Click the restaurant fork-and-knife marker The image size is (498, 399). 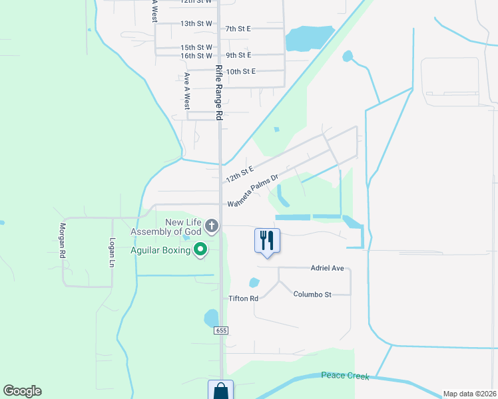coord(267,240)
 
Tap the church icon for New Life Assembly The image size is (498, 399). coord(212,226)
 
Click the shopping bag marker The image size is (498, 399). coord(220,391)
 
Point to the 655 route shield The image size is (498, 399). coord(222,331)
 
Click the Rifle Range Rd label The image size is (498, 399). coord(218,92)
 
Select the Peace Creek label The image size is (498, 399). coord(345,376)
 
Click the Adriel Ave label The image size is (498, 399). coord(327,268)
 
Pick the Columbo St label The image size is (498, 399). coord(312,294)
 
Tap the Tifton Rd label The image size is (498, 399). coord(243,299)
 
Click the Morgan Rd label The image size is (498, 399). coord(62,239)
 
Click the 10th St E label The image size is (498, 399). coord(240,71)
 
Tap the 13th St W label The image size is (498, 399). coord(196,23)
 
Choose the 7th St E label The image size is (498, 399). coord(238,29)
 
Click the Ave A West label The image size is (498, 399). coord(187,91)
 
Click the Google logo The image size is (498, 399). coord(22,391)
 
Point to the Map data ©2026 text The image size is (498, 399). coord(469,394)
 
